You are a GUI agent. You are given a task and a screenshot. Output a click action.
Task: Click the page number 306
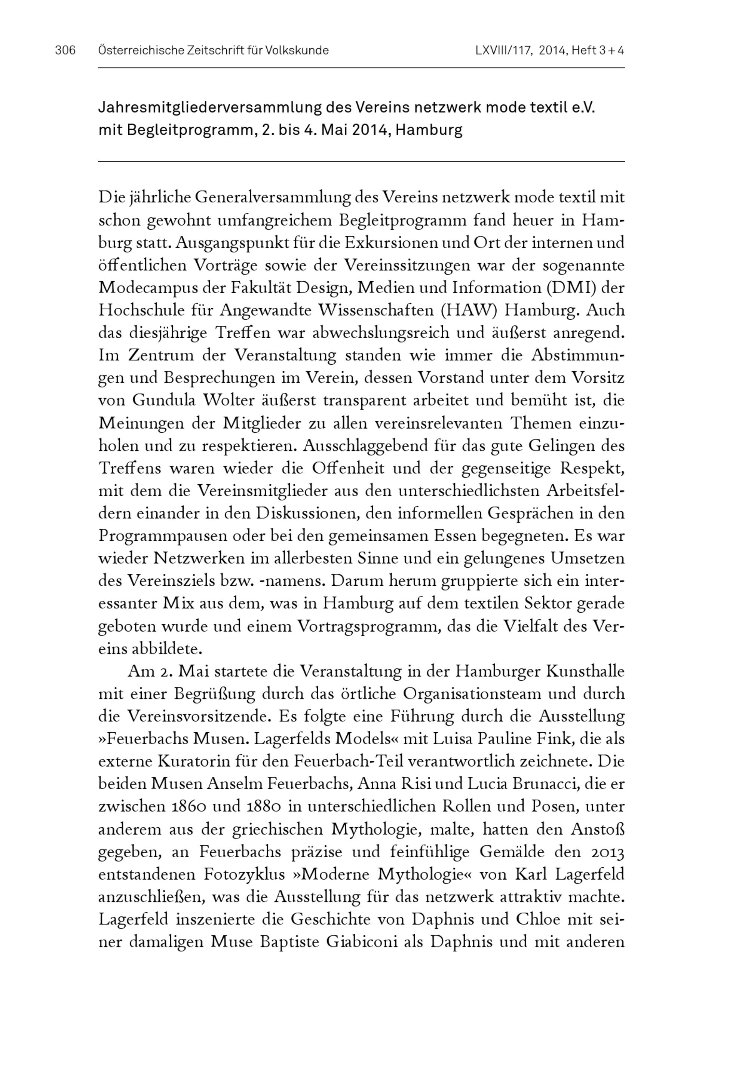(65, 50)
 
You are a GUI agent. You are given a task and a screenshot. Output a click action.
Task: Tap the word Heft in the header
(583, 50)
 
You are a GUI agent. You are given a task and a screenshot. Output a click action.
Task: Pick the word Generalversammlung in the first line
(272, 198)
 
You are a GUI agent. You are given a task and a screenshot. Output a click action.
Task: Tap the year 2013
(605, 852)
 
